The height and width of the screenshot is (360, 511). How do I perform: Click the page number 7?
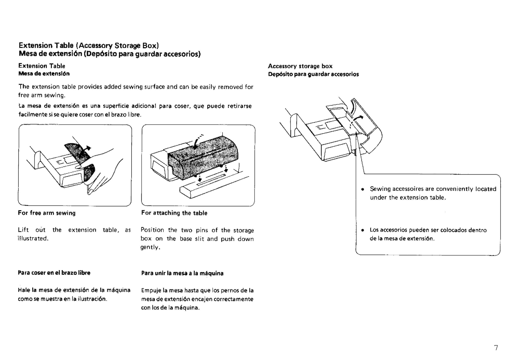[x=496, y=348]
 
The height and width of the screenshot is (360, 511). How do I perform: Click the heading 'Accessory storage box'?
[x=300, y=66]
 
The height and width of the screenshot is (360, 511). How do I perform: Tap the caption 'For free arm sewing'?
[x=47, y=213]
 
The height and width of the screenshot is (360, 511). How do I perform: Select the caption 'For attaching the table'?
[x=174, y=213]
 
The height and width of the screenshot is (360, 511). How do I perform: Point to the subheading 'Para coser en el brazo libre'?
[x=54, y=273]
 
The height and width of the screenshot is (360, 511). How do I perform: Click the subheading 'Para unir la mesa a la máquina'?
[x=182, y=273]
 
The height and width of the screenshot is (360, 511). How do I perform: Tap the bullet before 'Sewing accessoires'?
[x=362, y=189]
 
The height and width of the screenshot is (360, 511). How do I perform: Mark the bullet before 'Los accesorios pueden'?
[x=362, y=230]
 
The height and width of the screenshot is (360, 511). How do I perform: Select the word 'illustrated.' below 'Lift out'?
[x=33, y=239]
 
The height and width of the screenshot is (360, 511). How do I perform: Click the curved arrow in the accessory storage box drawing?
[x=356, y=119]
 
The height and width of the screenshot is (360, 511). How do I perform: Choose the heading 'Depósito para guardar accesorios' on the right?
[x=313, y=74]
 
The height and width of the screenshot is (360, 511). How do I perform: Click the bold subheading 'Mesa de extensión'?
[x=44, y=74]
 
